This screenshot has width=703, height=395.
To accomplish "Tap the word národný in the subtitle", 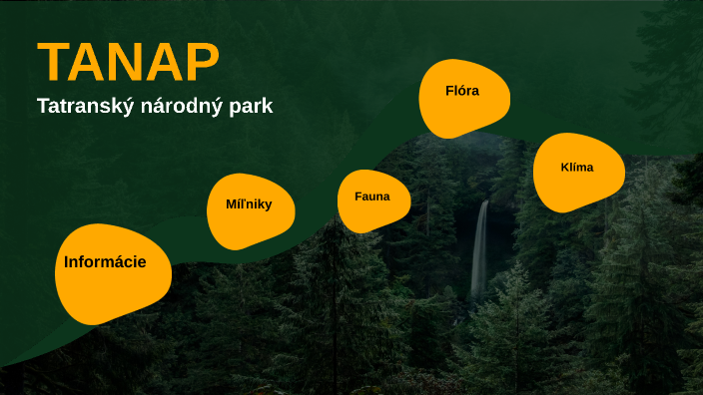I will coord(178,106).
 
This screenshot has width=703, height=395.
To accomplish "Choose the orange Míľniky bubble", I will coord(251,211).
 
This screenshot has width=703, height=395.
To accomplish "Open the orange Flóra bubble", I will coord(464,98).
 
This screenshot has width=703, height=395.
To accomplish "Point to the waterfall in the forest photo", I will coord(480,249).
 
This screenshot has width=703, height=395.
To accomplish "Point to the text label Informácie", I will coord(105,262).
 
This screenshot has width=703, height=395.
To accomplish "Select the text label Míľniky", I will coord(248,204).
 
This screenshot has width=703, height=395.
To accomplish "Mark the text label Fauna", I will coord(371,197).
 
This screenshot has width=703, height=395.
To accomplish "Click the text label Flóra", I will coord(462,91).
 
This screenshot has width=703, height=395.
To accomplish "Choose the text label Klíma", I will coord(577,167).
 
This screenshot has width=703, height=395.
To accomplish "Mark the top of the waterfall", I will coord(483,203).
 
